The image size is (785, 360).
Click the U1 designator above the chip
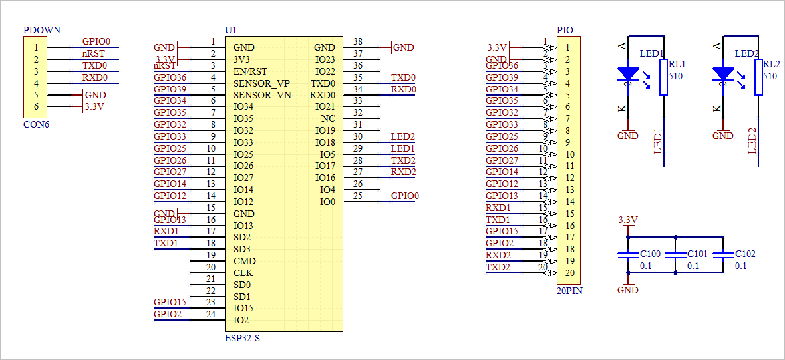pos(231,31)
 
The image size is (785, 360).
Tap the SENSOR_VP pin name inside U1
pos(261,83)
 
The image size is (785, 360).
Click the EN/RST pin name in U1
pos(250,71)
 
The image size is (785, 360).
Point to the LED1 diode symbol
pos(628,74)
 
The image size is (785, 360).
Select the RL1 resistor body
pos(663,77)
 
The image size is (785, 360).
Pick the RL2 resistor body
pos(758,77)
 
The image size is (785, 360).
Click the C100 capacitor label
pos(650,254)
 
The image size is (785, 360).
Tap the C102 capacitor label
pos(745,254)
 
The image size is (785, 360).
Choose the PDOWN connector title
pos(41,31)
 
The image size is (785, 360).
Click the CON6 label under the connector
pos(36,124)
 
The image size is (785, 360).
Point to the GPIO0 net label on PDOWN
pos(96,41)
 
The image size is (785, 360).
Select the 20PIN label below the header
pos(569,291)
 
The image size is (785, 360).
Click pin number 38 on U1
pos(358,41)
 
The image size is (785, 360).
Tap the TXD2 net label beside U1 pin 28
pos(403,160)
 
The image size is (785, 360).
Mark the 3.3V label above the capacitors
pos(628,220)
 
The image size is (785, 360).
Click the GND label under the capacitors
pos(627,290)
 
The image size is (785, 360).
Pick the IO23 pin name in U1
pos(325,59)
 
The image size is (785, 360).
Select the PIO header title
pos(565,31)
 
